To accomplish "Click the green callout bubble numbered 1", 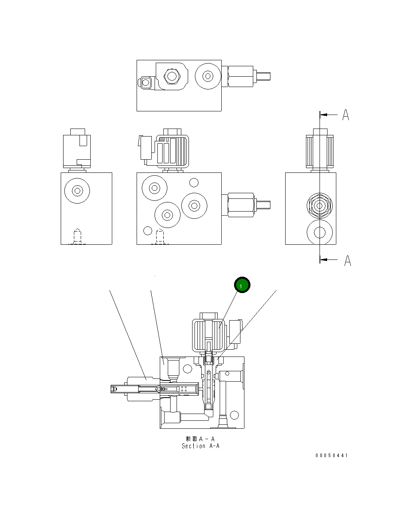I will [x=242, y=285].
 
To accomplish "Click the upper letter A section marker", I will [x=346, y=115].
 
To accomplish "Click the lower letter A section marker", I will [x=347, y=261].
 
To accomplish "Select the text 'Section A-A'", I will [x=201, y=446].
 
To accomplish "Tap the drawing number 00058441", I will [x=331, y=456].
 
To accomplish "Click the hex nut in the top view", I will [x=172, y=76].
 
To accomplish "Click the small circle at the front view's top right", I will [x=194, y=183].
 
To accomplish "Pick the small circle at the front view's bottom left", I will [x=147, y=231].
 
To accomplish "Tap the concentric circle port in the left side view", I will [x=77, y=191].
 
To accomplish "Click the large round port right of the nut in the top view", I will [x=207, y=76].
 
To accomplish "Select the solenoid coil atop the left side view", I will [x=77, y=151].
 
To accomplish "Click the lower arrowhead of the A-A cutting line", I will [x=324, y=260].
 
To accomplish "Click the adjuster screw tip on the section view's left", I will [x=115, y=389].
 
